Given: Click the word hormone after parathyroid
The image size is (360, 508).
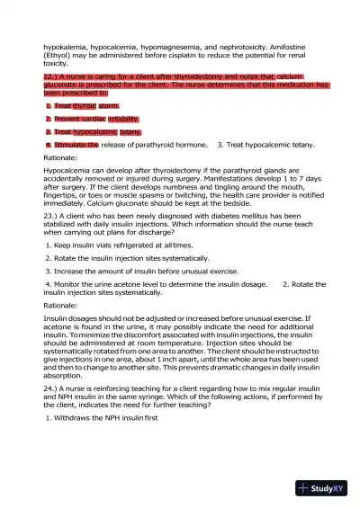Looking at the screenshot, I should (193, 144).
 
